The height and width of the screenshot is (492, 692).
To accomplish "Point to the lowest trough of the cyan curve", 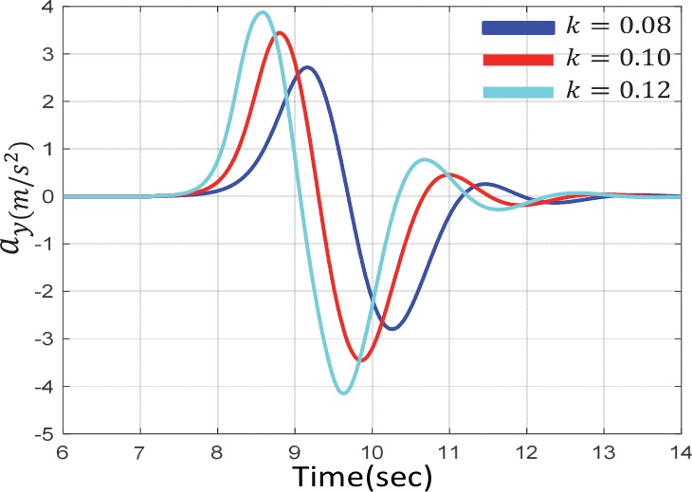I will tap(343, 392).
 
